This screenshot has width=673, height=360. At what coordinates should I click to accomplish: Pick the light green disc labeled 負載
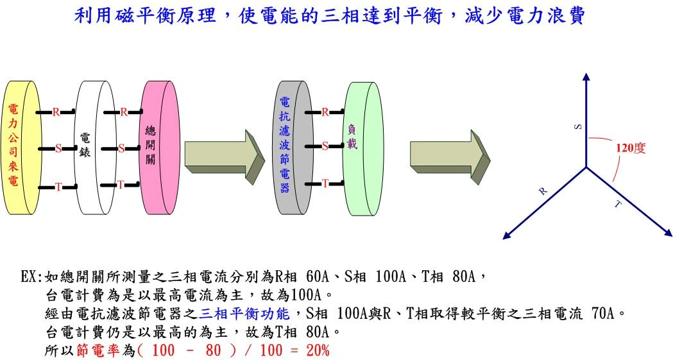pyautogui.click(x=364, y=148)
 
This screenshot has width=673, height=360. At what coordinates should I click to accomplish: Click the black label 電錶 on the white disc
pyautogui.click(x=85, y=144)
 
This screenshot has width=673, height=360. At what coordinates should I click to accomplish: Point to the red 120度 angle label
pyautogui.click(x=631, y=148)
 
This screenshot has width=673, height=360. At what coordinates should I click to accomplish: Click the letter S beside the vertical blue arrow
pyautogui.click(x=578, y=126)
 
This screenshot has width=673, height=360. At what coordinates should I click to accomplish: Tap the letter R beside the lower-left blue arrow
pyautogui.click(x=543, y=191)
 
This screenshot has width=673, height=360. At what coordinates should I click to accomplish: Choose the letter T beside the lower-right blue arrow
pyautogui.click(x=618, y=204)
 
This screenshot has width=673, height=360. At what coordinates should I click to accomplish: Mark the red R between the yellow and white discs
pyautogui.click(x=56, y=112)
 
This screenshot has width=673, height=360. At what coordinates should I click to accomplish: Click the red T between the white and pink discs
pyautogui.click(x=121, y=185)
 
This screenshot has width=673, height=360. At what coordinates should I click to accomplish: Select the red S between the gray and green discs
pyautogui.click(x=325, y=146)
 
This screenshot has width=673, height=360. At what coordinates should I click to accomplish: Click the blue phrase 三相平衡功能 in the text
pyautogui.click(x=244, y=314)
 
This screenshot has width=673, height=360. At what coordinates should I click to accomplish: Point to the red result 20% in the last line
pyautogui.click(x=318, y=350)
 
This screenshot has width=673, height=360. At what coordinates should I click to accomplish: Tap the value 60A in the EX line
pyautogui.click(x=318, y=277)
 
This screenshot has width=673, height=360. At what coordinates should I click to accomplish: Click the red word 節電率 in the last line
pyautogui.click(x=98, y=350)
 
